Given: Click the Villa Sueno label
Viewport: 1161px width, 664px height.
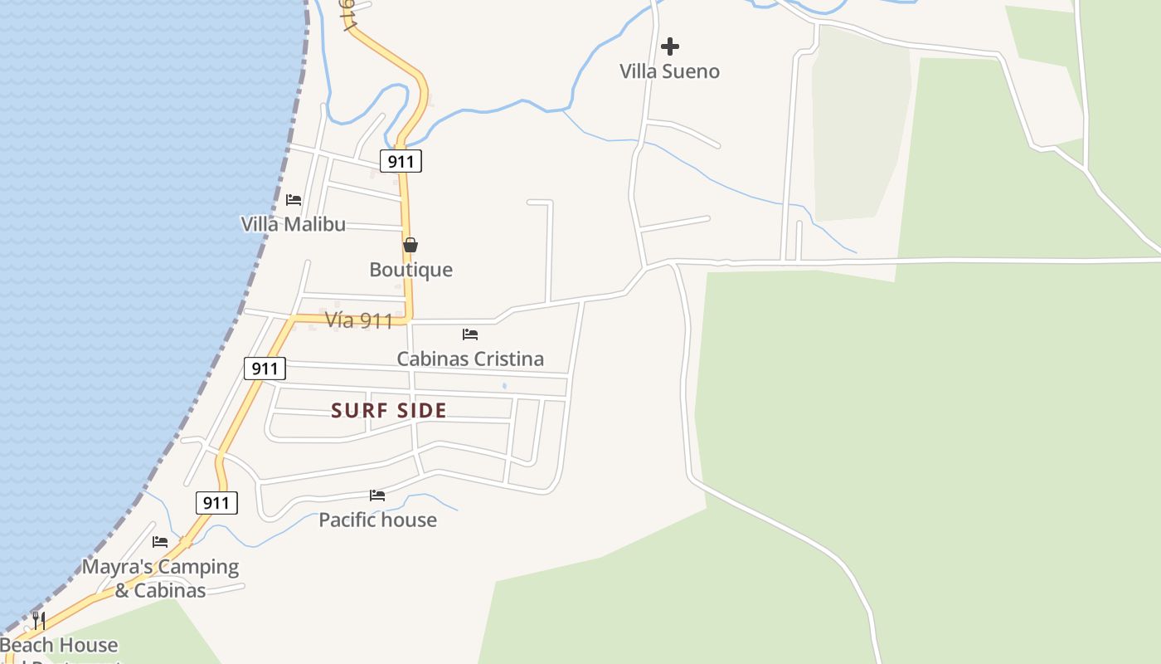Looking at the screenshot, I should pyautogui.click(x=669, y=71).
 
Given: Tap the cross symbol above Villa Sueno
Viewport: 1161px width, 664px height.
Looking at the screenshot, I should pyautogui.click(x=670, y=46).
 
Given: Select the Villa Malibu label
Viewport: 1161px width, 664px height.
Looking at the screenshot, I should pyautogui.click(x=293, y=224).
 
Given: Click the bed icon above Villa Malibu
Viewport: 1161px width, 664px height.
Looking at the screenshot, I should pyautogui.click(x=293, y=200).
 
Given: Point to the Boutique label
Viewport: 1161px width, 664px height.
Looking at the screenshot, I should pyautogui.click(x=410, y=270).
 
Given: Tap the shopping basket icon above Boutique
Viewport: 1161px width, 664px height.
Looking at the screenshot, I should pyautogui.click(x=410, y=245).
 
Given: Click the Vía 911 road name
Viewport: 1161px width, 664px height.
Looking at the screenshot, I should pyautogui.click(x=358, y=320).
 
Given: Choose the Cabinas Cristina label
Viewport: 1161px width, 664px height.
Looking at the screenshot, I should pyautogui.click(x=470, y=359).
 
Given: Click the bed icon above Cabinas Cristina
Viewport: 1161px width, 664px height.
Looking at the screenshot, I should pyautogui.click(x=470, y=334).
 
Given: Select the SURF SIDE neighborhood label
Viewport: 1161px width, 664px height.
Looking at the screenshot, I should pyautogui.click(x=389, y=410).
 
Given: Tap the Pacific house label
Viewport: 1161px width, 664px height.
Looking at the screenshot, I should pyautogui.click(x=377, y=520).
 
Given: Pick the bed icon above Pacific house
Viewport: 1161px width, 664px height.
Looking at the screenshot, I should pyautogui.click(x=377, y=496).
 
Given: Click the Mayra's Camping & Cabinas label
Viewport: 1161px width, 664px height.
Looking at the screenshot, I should pyautogui.click(x=160, y=579).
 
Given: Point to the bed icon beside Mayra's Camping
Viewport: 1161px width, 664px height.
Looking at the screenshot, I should pyautogui.click(x=160, y=542).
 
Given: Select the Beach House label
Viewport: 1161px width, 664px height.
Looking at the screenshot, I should pyautogui.click(x=59, y=645).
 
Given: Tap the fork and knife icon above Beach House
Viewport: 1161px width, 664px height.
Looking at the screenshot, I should pyautogui.click(x=38, y=620).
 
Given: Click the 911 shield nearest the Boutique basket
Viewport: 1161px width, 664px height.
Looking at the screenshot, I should pyautogui.click(x=401, y=161).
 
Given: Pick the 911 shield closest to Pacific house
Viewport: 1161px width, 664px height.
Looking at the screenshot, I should pyautogui.click(x=216, y=502).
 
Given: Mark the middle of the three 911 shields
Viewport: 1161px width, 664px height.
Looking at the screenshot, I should pyautogui.click(x=265, y=369).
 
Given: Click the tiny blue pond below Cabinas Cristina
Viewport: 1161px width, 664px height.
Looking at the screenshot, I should pyautogui.click(x=504, y=386).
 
